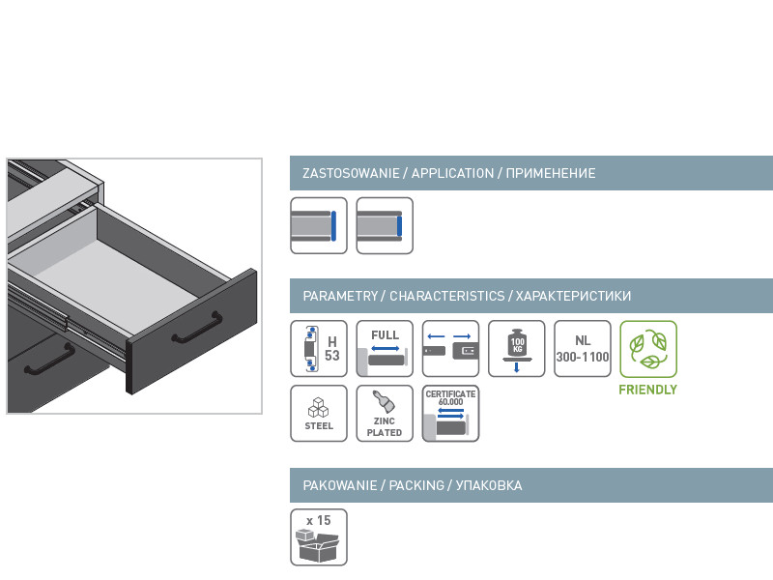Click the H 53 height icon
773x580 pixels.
pyautogui.click(x=319, y=349)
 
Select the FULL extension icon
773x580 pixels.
pyautogui.click(x=385, y=349)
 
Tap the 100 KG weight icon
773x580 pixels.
pyautogui.click(x=516, y=349)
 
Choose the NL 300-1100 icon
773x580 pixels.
pyautogui.click(x=583, y=349)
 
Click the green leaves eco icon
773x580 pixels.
pyautogui.click(x=648, y=349)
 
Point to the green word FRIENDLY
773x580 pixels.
pyautogui.click(x=648, y=390)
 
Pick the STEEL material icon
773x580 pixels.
pyautogui.click(x=319, y=414)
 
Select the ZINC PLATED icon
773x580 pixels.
pyautogui.click(x=385, y=414)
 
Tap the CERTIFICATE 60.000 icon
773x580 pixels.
pyautogui.click(x=450, y=414)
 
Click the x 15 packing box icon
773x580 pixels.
pyautogui.click(x=319, y=537)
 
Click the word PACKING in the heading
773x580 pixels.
pyautogui.click(x=416, y=485)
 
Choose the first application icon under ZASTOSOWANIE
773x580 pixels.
pyautogui.click(x=319, y=226)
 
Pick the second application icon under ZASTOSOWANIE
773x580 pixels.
pyautogui.click(x=385, y=226)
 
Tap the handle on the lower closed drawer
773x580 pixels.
pyautogui.click(x=49, y=360)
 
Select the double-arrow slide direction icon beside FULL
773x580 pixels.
pyautogui.click(x=450, y=349)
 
